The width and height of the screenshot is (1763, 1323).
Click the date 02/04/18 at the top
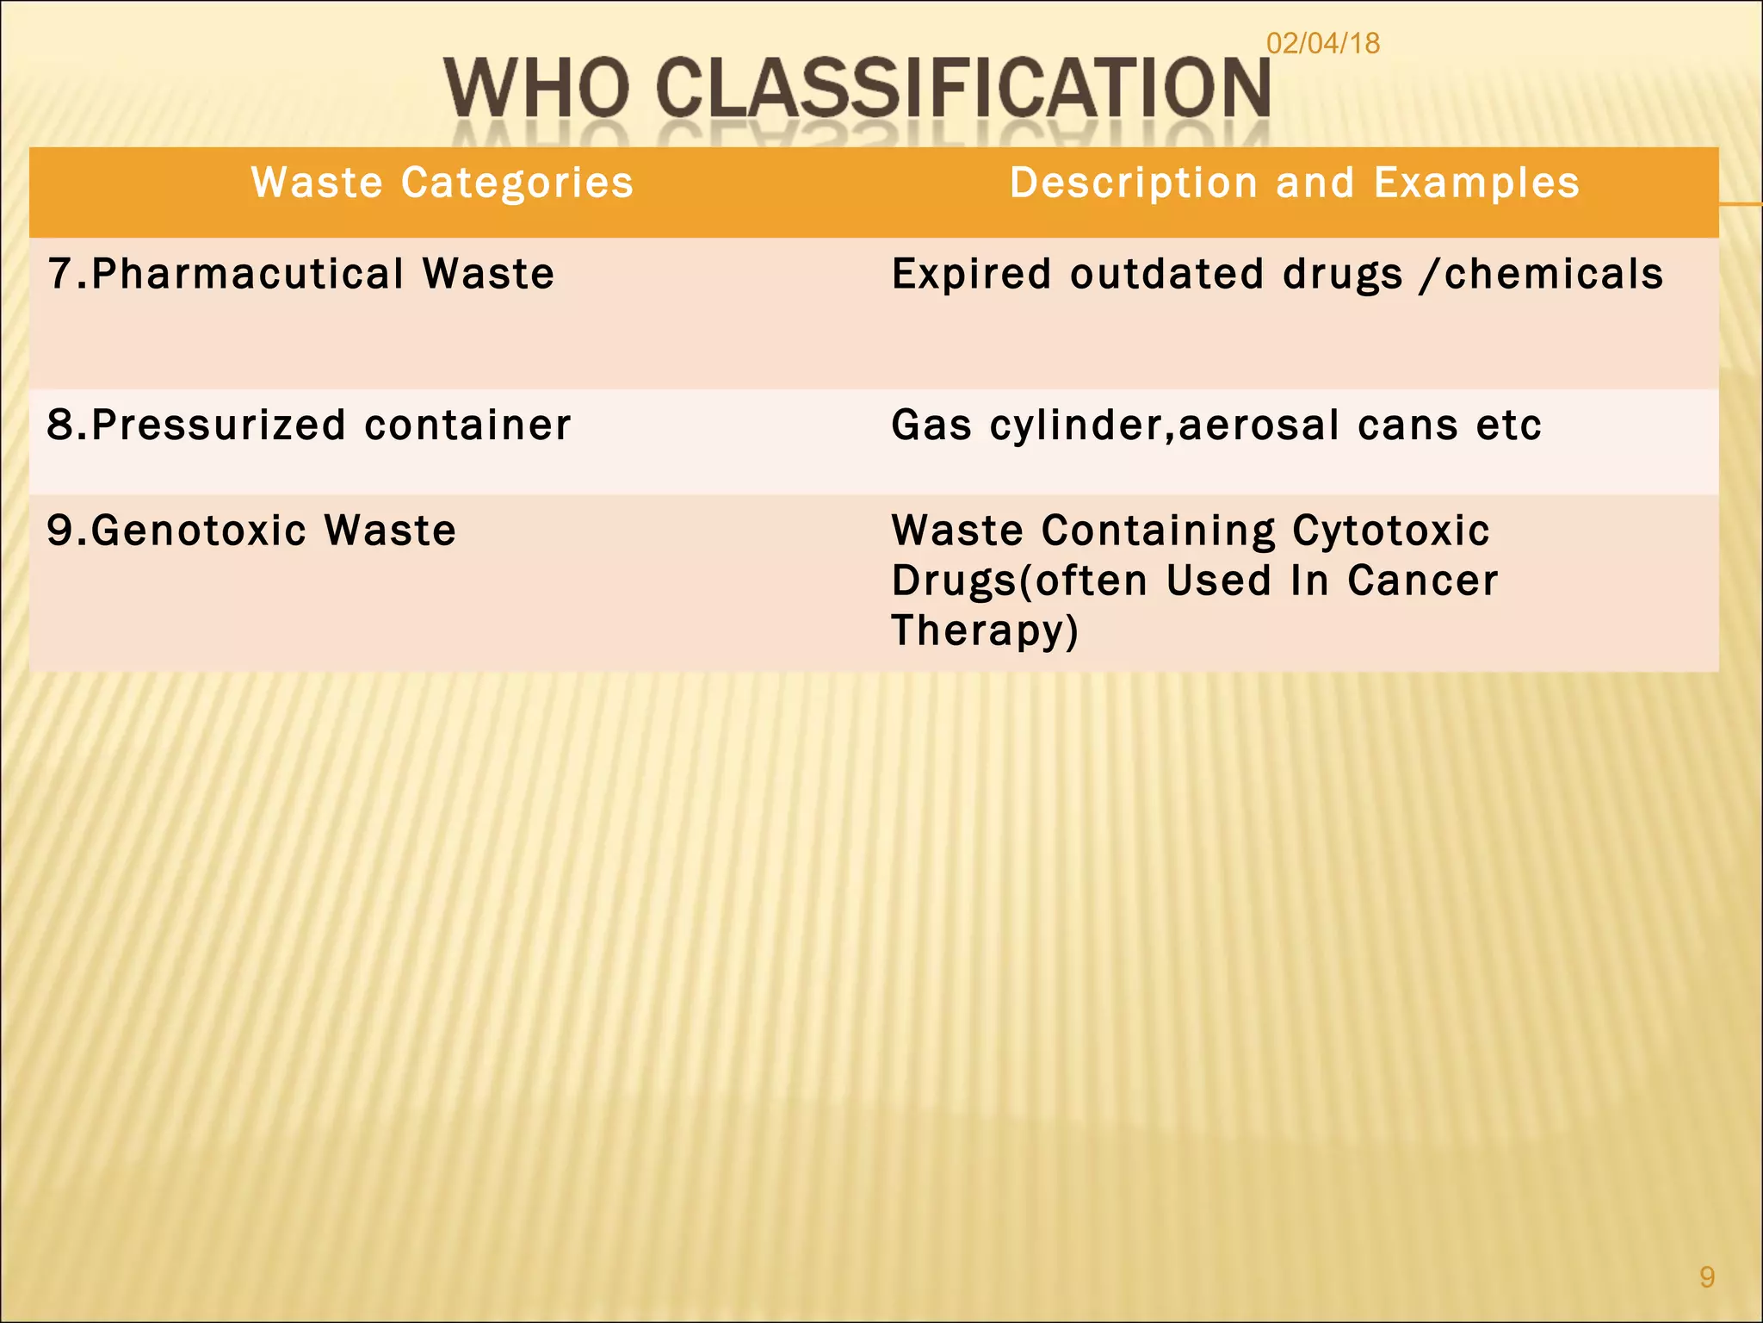[x=1322, y=43]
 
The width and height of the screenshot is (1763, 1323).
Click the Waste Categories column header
[x=442, y=183]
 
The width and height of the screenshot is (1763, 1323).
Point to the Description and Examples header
[x=1295, y=183]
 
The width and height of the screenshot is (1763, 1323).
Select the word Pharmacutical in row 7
[x=248, y=275]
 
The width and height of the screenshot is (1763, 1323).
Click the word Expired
[x=971, y=275]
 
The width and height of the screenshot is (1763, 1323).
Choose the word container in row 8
[x=467, y=425]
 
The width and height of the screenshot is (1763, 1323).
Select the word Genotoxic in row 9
[x=199, y=531]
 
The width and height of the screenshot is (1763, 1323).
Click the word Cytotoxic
[x=1390, y=531]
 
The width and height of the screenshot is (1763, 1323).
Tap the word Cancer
[x=1422, y=581]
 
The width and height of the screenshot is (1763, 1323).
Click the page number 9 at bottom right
[x=1707, y=1276]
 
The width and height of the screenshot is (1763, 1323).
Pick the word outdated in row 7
[x=1166, y=275]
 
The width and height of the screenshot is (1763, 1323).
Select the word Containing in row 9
[x=1158, y=531]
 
